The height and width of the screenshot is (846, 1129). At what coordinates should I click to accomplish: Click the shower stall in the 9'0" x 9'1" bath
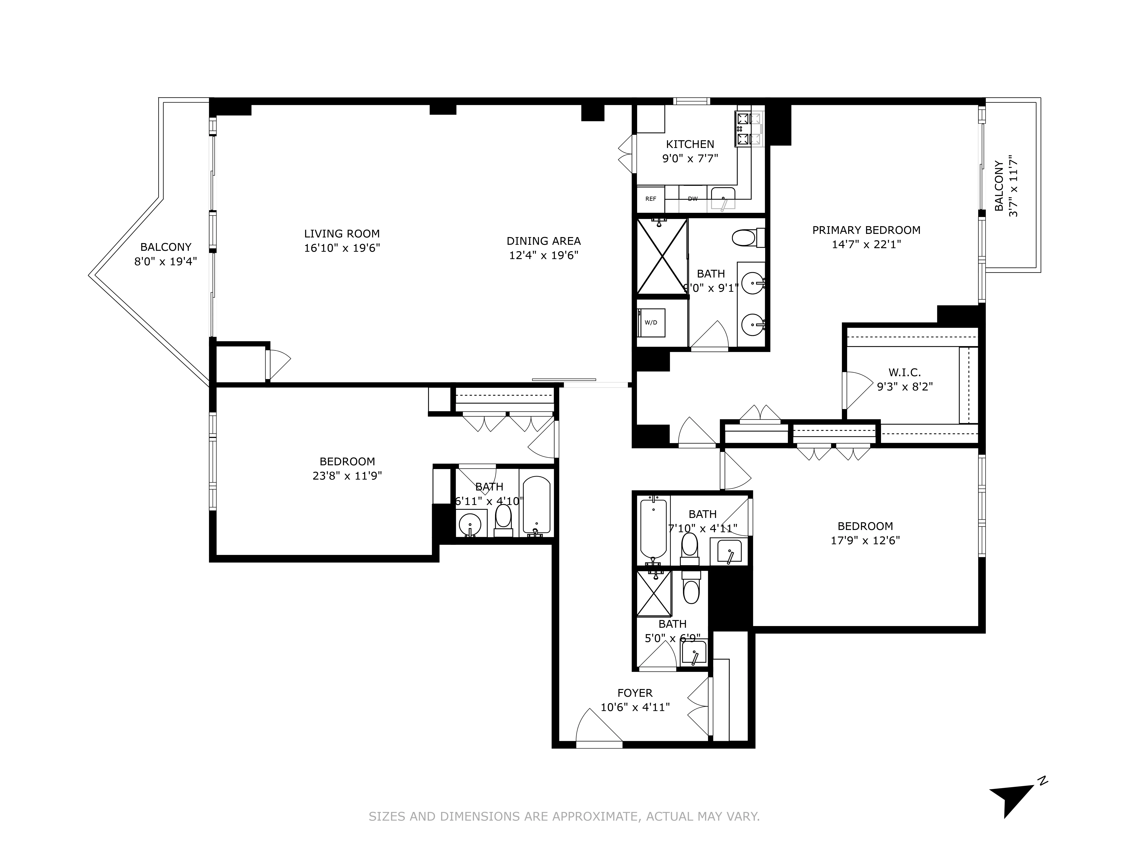[x=662, y=256]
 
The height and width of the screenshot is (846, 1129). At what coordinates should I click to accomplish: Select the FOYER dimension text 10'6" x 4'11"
[x=635, y=707]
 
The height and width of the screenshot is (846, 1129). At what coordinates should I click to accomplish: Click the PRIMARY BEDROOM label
[x=866, y=230]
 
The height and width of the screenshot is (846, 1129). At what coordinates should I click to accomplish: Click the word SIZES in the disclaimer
[x=387, y=816]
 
